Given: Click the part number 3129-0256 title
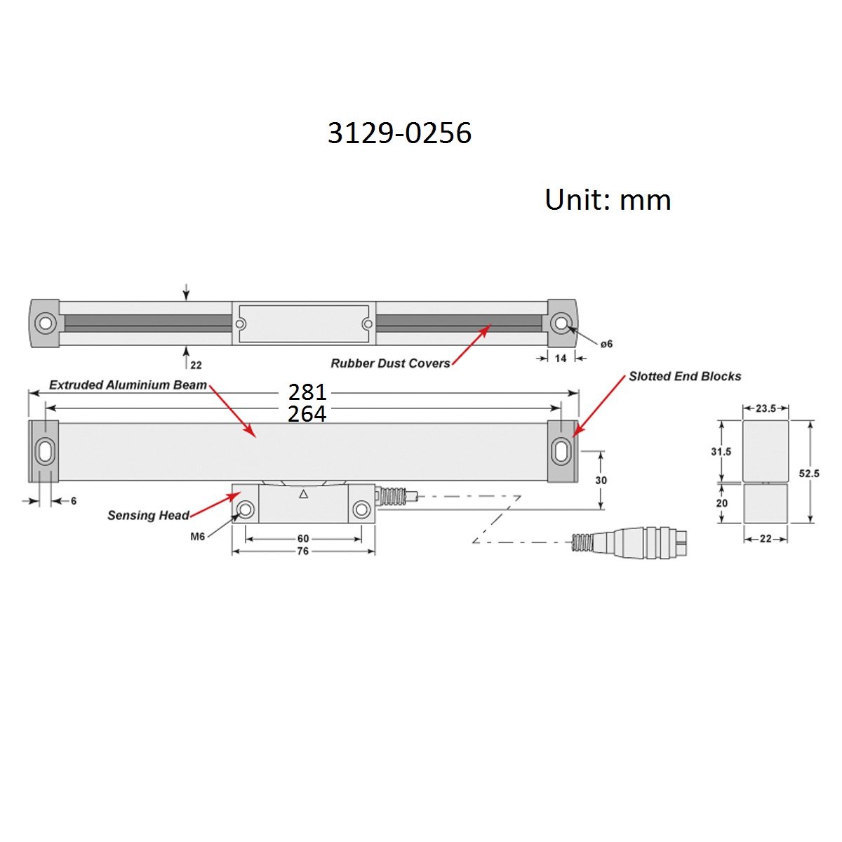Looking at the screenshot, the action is pyautogui.click(x=399, y=133).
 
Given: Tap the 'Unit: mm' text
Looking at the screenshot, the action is pyautogui.click(x=608, y=200).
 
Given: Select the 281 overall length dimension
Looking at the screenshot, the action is pyautogui.click(x=307, y=392).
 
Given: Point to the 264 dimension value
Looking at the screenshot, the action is pyautogui.click(x=307, y=413).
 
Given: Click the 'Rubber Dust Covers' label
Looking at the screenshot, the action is pyautogui.click(x=390, y=363).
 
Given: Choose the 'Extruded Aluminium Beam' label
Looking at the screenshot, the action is pyautogui.click(x=128, y=385).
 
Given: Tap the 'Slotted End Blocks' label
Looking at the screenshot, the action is pyautogui.click(x=685, y=376).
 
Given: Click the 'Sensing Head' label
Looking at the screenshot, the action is pyautogui.click(x=148, y=516).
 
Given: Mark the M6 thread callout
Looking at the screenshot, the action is pyautogui.click(x=197, y=537).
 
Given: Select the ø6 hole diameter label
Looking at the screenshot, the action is pyautogui.click(x=606, y=345).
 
